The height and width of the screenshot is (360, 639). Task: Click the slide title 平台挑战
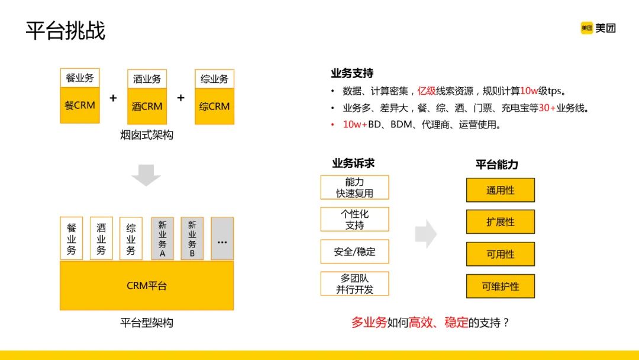[x=66, y=30]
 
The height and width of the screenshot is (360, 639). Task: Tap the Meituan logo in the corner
[x=598, y=28]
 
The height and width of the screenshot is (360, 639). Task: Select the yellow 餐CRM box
[x=80, y=106]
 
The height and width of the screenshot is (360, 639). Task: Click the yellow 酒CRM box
[x=147, y=107]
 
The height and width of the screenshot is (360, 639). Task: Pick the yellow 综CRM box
[x=214, y=107]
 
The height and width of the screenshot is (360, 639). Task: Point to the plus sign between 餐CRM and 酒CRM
[x=113, y=98]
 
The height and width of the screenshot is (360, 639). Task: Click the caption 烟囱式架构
[x=146, y=136]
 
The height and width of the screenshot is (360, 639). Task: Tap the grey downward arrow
[x=146, y=175]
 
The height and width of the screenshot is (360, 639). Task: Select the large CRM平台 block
[x=147, y=285]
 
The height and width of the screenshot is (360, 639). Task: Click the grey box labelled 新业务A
[x=163, y=239]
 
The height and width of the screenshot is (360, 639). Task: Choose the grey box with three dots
[x=222, y=239]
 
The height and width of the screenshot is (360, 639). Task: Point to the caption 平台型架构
[x=146, y=323]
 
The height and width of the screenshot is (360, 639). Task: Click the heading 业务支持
[x=352, y=73]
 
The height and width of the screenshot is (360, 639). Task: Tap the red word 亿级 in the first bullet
[x=427, y=91]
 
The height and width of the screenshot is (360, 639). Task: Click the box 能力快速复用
[x=354, y=187]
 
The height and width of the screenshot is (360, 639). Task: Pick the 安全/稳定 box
[x=354, y=251]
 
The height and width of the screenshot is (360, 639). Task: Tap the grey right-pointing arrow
[x=426, y=234]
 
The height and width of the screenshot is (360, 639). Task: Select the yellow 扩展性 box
[x=501, y=222]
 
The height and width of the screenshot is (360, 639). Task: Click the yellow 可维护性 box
[x=501, y=286]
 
